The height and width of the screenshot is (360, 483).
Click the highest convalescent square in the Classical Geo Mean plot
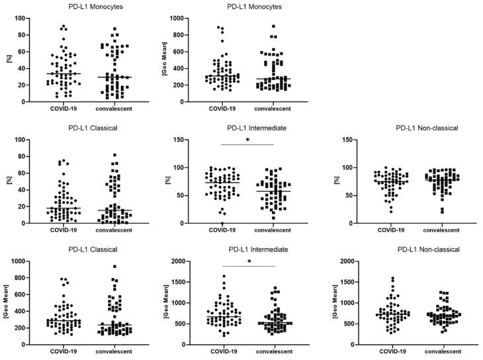(x=114, y=267)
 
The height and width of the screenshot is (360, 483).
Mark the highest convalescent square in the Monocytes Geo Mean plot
(x=273, y=26)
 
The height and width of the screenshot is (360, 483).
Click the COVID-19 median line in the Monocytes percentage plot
(x=63, y=73)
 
